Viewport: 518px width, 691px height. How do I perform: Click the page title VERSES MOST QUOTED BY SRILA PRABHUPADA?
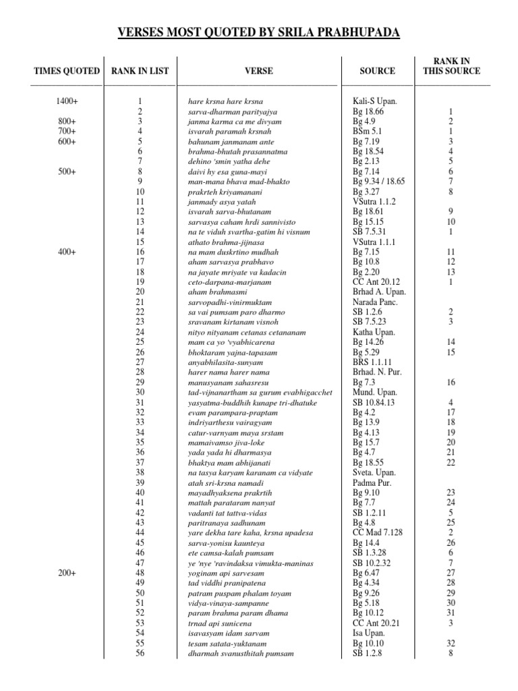[x=259, y=33]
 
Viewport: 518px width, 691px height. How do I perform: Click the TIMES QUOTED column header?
[x=67, y=71]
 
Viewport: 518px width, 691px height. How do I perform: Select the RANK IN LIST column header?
[x=140, y=71]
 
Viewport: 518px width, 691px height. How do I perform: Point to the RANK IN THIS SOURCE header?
[x=451, y=65]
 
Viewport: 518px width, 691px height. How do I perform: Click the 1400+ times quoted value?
[x=67, y=101]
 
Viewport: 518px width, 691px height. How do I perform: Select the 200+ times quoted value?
[x=67, y=573]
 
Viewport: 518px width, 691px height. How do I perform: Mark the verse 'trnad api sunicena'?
[x=219, y=624]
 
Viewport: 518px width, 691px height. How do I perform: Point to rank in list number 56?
[x=140, y=654]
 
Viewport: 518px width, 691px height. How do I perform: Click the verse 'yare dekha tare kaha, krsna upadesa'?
[x=250, y=533]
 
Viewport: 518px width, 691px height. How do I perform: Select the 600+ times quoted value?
[x=67, y=142]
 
